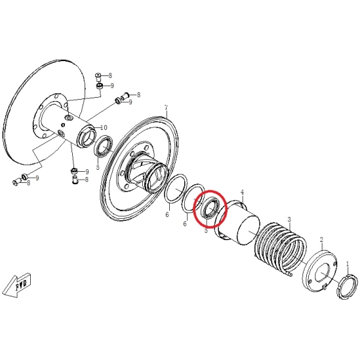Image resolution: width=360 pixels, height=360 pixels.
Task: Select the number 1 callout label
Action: point(347,263)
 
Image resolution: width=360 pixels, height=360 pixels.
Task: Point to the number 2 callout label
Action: point(321,241)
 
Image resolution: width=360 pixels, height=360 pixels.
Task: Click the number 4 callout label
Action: point(242,193)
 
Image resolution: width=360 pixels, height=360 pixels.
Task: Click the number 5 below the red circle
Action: point(206,230)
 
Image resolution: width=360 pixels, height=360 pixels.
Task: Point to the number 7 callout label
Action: point(167,108)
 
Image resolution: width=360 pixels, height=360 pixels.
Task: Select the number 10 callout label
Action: point(103,127)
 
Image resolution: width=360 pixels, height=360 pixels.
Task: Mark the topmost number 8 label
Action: point(111,76)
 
